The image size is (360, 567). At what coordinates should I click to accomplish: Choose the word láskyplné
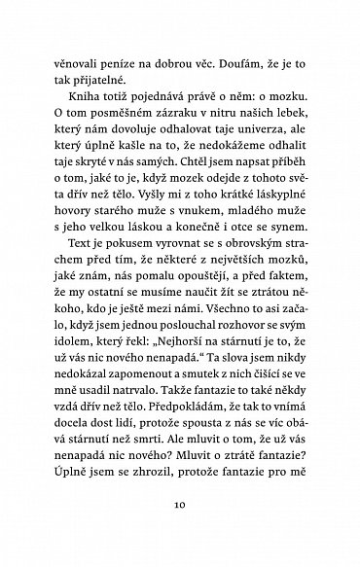(x=291, y=205)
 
